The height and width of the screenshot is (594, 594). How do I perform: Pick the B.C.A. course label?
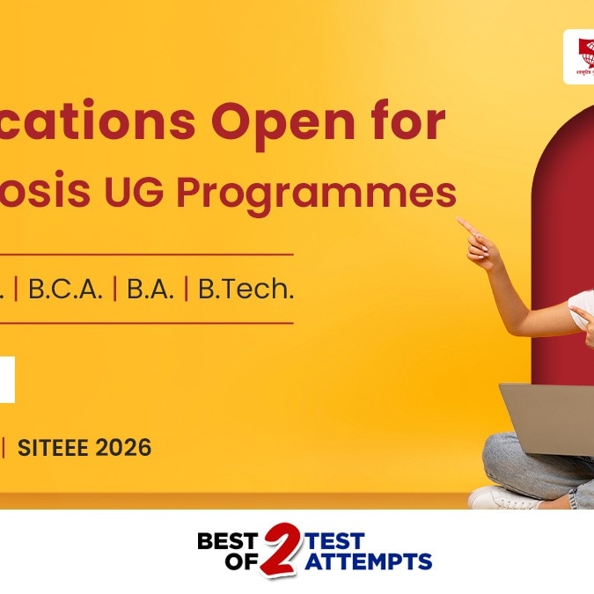click(x=65, y=290)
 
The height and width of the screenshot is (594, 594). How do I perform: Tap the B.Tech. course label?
click(x=246, y=290)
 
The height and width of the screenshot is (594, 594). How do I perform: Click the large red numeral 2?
click(x=282, y=548)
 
